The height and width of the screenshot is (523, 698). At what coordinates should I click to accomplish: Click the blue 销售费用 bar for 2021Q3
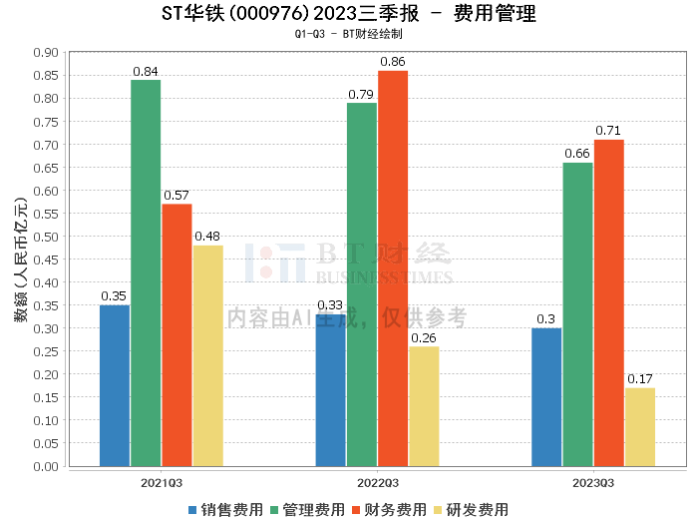115,385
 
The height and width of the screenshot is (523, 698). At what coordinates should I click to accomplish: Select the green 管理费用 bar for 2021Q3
146,272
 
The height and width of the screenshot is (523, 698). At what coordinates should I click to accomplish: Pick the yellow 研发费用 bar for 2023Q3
640,426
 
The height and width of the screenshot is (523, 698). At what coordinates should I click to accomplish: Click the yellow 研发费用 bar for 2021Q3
207,355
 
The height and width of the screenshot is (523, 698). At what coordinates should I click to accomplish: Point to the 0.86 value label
393,62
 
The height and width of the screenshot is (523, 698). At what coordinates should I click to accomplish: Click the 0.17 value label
640,379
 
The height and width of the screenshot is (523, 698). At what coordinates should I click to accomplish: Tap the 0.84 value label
146,71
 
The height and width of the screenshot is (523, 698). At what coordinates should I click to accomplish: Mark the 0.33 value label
330,305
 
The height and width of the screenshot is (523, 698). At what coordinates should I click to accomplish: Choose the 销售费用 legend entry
225,509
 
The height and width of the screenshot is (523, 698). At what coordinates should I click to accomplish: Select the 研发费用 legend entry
471,509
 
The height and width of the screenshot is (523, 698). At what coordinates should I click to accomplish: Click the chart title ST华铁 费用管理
348,14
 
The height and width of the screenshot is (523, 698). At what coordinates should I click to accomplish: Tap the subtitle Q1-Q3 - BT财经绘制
348,34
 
